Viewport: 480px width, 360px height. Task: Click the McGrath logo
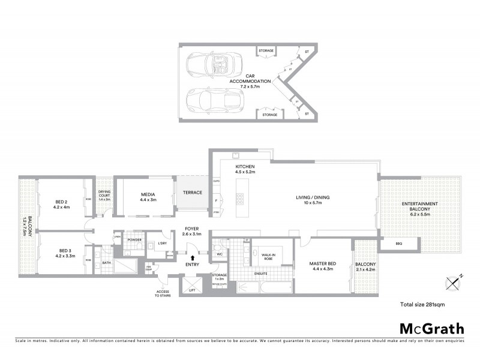click(431, 328)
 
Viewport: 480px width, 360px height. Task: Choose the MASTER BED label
click(322, 265)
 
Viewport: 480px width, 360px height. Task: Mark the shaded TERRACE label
click(192, 193)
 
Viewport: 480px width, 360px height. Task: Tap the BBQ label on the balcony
click(398, 244)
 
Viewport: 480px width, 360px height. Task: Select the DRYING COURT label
click(105, 194)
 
